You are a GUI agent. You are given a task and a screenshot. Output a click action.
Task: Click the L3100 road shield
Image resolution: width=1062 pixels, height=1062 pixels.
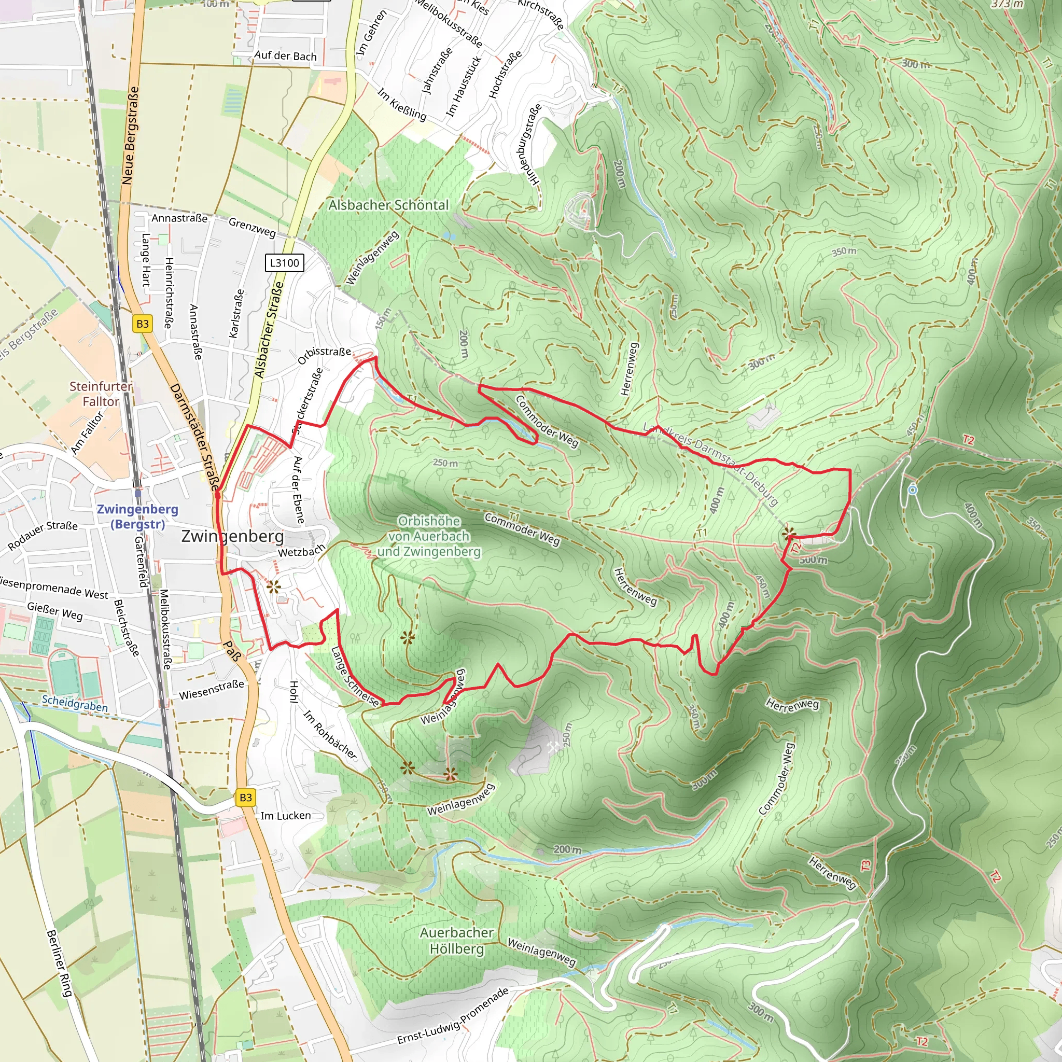tap(284, 263)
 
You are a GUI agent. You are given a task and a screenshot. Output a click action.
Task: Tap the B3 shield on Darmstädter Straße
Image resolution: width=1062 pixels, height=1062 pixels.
tap(143, 324)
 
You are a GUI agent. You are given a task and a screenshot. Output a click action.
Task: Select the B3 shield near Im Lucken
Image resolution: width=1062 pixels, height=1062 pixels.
tap(245, 797)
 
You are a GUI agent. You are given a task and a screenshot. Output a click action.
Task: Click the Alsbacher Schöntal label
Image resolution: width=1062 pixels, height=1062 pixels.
tap(388, 205)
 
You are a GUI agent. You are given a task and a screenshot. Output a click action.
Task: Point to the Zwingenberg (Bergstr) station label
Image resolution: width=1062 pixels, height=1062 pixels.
tap(137, 516)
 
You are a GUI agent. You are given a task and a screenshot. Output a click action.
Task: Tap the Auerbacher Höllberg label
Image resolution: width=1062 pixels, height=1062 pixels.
tap(457, 941)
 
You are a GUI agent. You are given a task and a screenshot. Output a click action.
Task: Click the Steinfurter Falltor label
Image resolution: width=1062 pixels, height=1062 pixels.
tap(101, 394)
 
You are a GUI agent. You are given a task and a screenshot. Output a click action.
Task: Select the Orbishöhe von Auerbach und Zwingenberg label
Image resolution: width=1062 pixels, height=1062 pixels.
tap(429, 536)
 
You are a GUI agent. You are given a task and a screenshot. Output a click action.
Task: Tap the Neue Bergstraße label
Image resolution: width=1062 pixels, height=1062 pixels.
tap(130, 135)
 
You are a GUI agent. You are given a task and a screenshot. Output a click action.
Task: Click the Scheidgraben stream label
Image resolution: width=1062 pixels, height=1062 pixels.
tap(75, 703)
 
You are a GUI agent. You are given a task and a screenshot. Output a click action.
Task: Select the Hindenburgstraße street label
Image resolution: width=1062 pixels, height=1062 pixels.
tap(528, 144)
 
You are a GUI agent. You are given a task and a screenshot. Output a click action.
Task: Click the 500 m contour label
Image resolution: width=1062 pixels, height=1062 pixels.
tap(813, 560)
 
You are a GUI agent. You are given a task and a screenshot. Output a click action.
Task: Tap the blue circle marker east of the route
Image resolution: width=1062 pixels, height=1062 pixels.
tap(913, 489)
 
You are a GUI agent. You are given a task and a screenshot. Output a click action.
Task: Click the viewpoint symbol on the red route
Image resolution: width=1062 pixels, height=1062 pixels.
tap(789, 533)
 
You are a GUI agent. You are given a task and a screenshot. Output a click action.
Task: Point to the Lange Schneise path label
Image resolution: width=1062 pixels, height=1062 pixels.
tap(355, 676)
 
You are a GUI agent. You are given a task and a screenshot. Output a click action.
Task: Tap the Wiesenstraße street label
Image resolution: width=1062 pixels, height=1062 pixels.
tap(211, 690)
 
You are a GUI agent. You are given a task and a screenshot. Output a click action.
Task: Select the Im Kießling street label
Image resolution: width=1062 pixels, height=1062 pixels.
tap(402, 104)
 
